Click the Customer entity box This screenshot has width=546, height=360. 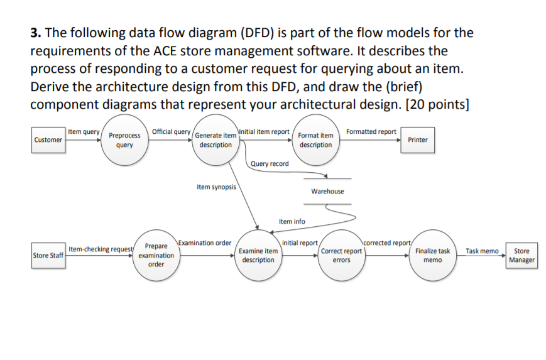click(48, 139)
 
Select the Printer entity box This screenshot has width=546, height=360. click(417, 139)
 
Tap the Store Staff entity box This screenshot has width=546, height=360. click(48, 256)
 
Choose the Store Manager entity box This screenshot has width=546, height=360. click(521, 256)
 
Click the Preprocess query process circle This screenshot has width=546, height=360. click(124, 140)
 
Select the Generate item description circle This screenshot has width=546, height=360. click(216, 140)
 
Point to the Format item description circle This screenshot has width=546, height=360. click(315, 140)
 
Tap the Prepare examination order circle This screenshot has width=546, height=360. click(156, 255)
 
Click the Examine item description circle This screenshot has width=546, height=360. click(258, 255)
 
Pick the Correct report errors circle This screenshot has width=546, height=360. click(341, 255)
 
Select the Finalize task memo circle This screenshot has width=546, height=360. click(432, 255)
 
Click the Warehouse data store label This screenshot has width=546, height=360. click(327, 191)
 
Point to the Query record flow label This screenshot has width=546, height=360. click(270, 164)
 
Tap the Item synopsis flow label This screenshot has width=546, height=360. click(216, 187)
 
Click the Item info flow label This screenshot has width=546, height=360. click(292, 221)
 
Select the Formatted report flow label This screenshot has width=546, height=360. click(371, 132)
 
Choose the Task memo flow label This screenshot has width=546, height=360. click(482, 251)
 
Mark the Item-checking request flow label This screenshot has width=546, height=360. click(100, 249)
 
